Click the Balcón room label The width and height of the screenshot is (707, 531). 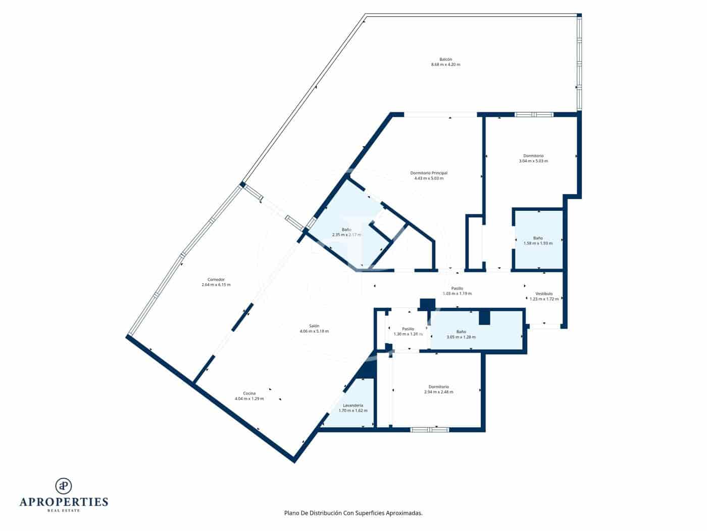(x=445, y=59)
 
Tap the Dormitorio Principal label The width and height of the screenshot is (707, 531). (x=428, y=173)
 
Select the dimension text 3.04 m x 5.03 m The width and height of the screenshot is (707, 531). (x=533, y=161)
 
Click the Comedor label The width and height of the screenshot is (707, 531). (x=216, y=280)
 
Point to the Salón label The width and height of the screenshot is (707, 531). (x=314, y=326)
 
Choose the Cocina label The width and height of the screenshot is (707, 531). (x=249, y=393)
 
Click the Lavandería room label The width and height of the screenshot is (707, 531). (x=352, y=406)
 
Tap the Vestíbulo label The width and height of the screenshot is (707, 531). (x=544, y=294)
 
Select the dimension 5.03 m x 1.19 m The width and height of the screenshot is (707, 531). (x=457, y=294)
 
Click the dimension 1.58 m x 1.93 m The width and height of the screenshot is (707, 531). (x=538, y=243)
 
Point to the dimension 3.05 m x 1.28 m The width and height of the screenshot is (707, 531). (x=461, y=337)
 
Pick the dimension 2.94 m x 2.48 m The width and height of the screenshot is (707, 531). (x=438, y=392)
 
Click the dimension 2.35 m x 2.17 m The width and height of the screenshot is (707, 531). (x=346, y=235)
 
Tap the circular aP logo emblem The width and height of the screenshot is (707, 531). (x=64, y=486)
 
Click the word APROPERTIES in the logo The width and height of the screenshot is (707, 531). (x=64, y=502)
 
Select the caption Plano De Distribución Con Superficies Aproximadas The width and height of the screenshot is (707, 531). (x=353, y=513)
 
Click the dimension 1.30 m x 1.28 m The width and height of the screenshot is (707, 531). (x=408, y=334)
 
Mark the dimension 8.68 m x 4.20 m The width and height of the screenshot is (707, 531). (x=445, y=65)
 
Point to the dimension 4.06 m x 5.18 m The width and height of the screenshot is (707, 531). (x=314, y=332)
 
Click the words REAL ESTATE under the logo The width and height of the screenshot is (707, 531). (x=64, y=511)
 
